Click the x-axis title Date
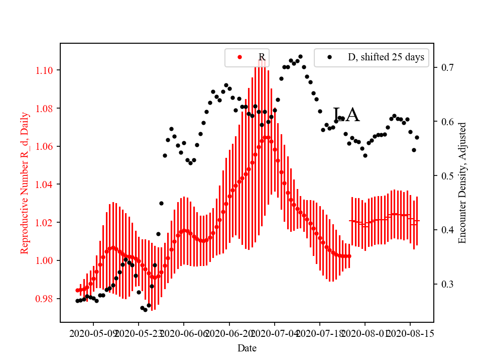click(247, 348)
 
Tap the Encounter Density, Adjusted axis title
click(462, 183)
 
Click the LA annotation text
click(346, 115)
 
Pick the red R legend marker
click(239, 57)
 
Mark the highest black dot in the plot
click(300, 57)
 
